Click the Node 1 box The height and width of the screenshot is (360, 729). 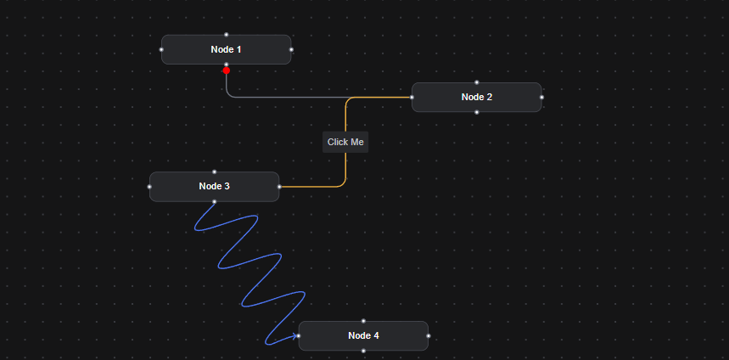click(x=226, y=49)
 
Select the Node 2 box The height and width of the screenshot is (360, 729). click(x=476, y=97)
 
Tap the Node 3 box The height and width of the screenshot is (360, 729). click(x=214, y=186)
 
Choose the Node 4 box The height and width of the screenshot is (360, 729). click(x=363, y=335)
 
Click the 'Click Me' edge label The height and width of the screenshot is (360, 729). click(x=345, y=142)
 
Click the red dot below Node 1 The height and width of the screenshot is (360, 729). click(x=227, y=70)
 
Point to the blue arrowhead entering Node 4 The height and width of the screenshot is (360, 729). click(x=295, y=336)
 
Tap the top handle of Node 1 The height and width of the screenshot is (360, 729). click(x=227, y=35)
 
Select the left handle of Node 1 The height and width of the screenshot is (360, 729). click(x=161, y=49)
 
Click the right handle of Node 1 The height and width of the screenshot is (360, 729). click(x=291, y=49)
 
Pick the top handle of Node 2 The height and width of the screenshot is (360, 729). click(x=477, y=82)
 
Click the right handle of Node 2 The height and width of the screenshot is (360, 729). click(x=541, y=97)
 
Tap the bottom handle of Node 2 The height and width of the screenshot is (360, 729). click(x=477, y=112)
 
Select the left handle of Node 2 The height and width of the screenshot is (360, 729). click(x=412, y=97)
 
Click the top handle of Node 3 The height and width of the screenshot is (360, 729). click(x=215, y=172)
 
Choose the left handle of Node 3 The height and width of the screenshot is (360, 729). click(x=149, y=186)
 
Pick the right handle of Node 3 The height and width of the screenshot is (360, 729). click(x=279, y=186)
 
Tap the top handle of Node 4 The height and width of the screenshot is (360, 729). click(x=363, y=321)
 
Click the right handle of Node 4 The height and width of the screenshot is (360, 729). click(x=428, y=335)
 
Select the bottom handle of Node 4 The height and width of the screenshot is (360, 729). click(x=363, y=351)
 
